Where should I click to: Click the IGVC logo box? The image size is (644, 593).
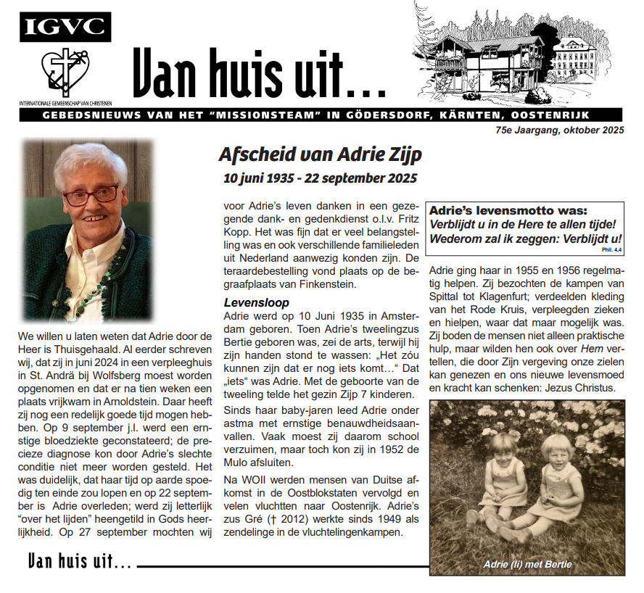coord(65,27)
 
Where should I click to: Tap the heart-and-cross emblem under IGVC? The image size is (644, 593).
coord(66,72)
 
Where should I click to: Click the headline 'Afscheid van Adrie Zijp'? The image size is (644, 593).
coord(320,154)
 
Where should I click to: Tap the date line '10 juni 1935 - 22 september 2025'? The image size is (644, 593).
coord(320,177)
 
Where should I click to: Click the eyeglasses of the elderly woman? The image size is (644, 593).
coord(91,195)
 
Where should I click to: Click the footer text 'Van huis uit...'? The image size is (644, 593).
coord(80,560)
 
